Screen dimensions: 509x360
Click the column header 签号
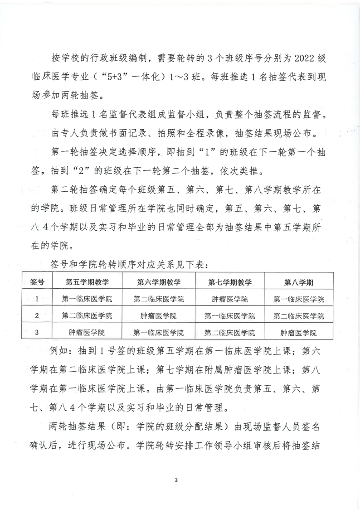[x=37, y=282]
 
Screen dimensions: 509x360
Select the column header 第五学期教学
[x=87, y=282]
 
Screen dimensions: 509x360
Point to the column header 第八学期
[x=299, y=282]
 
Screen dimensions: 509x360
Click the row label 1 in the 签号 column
[x=37, y=299]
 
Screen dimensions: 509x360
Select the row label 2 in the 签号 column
[x=37, y=315]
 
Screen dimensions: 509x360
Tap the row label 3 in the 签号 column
[x=37, y=332]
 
